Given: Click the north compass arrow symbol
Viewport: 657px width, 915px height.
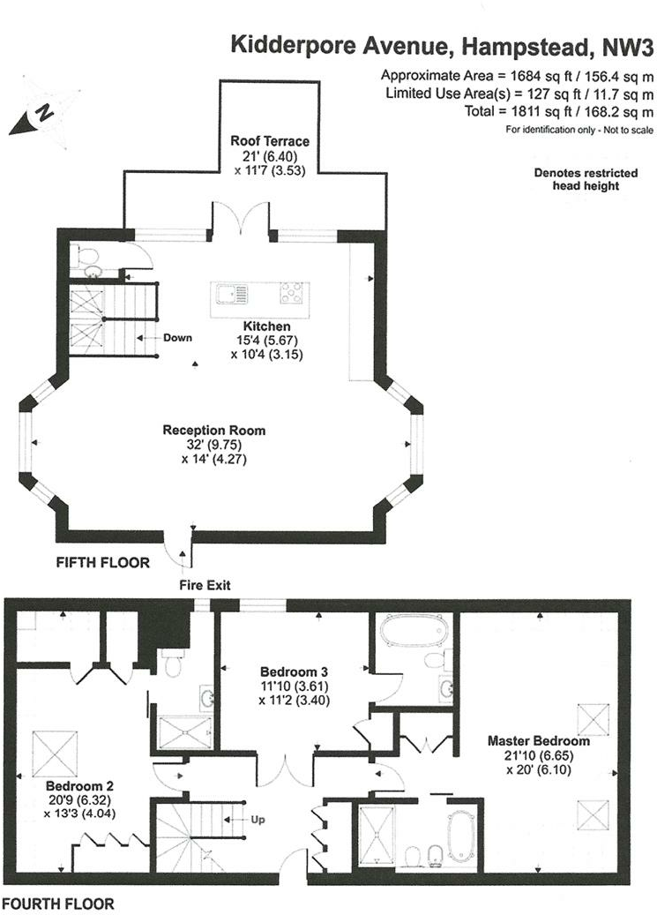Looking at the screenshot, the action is coord(33,116).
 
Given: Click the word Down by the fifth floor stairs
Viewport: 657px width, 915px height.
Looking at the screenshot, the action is coord(177,337).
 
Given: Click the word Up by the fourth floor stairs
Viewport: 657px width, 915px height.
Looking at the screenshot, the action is coord(258,820).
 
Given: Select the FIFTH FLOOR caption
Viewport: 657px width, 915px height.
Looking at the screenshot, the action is coord(102,562).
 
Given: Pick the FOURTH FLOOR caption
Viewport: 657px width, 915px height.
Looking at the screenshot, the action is coord(57,904).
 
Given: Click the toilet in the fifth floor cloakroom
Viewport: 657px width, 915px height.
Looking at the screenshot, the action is coord(87,255).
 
